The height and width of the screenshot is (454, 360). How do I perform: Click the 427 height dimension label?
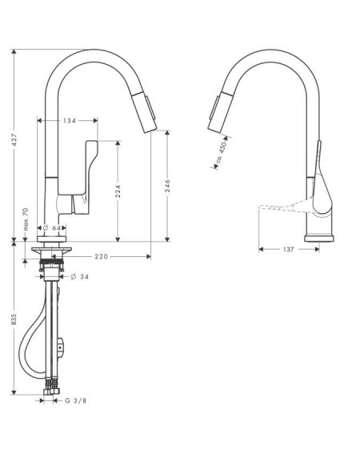pyautogui.click(x=14, y=139)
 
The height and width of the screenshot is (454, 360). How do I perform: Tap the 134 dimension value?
pyautogui.click(x=70, y=120)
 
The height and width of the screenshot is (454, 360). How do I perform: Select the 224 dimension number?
pyautogui.click(x=118, y=191)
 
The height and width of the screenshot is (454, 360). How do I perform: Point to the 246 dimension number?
pyautogui.click(x=167, y=186)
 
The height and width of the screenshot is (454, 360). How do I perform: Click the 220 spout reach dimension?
pyautogui.click(x=102, y=256)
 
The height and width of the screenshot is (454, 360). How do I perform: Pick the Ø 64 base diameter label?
pyautogui.click(x=51, y=228)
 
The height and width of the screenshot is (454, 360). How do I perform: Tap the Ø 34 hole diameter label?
pyautogui.click(x=79, y=277)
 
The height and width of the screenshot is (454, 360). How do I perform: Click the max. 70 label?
pyautogui.click(x=26, y=219)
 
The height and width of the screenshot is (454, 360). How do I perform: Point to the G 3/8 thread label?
pyautogui.click(x=76, y=400)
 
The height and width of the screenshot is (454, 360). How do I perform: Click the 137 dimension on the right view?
pyautogui.click(x=288, y=249)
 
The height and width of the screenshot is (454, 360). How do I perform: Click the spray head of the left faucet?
pyautogui.click(x=145, y=112)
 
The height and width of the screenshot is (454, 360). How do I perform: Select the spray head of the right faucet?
pyautogui.click(x=221, y=112)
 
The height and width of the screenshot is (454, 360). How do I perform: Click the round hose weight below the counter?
pyautogui.click(x=61, y=347)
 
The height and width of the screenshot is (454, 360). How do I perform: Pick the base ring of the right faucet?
pyautogui.click(x=319, y=239)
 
